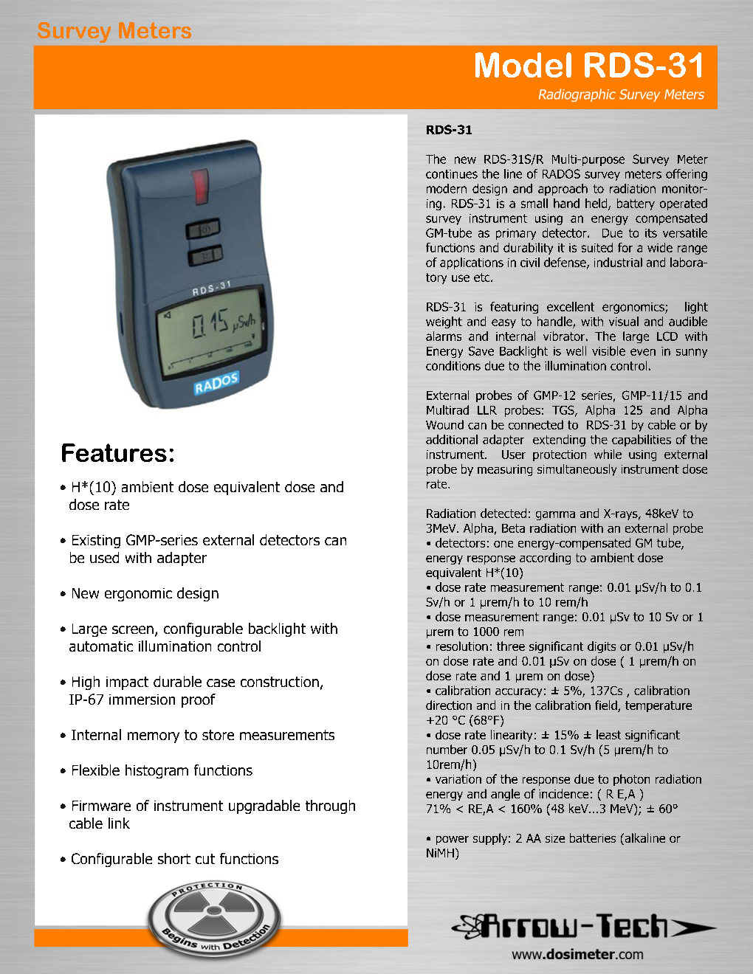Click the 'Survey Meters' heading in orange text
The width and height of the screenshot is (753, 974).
click(x=114, y=31)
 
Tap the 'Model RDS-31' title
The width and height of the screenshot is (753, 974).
click(x=588, y=66)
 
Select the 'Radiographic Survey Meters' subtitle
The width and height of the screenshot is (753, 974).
click(x=620, y=94)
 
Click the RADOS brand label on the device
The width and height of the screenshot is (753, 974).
click(x=216, y=383)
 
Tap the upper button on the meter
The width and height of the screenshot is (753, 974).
click(x=204, y=229)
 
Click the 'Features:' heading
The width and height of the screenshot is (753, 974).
click(x=117, y=453)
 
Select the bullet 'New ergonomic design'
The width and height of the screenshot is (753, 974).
click(x=145, y=593)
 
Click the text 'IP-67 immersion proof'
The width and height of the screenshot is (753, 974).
click(x=142, y=700)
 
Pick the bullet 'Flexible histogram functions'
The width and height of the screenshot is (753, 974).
click(x=161, y=770)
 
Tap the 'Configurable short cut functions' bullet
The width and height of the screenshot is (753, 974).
click(x=174, y=859)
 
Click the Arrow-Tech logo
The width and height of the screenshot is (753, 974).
click(x=583, y=925)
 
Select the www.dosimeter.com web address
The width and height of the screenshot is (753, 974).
click(x=577, y=954)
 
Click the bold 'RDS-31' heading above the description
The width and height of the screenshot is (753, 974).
click(x=448, y=130)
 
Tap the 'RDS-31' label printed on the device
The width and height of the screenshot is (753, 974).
click(x=212, y=289)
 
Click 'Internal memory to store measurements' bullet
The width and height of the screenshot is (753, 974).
click(x=202, y=735)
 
